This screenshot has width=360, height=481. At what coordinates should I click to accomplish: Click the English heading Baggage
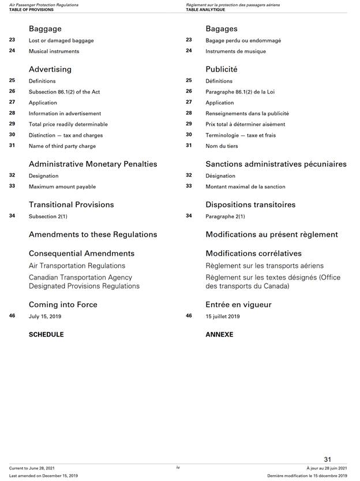pos(45,28)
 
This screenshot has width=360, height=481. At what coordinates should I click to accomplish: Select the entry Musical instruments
pos(54,51)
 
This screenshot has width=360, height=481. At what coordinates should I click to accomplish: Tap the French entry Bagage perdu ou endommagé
pos(243,40)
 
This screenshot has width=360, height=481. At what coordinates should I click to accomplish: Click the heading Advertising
pos(50,69)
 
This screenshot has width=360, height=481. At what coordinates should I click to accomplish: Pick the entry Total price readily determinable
pos(68,124)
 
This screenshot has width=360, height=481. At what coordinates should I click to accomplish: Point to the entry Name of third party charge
pos(62,146)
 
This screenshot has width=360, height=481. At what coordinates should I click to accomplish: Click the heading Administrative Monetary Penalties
pos(93,164)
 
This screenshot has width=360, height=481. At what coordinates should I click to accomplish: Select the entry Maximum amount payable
pos(62,187)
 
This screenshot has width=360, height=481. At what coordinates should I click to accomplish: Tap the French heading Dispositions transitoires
pos(250,204)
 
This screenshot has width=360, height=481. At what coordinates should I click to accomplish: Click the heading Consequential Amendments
pos(81,253)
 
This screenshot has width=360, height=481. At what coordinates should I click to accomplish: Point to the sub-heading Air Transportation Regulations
pos(77,266)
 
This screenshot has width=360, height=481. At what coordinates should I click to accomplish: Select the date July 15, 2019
pos(45,316)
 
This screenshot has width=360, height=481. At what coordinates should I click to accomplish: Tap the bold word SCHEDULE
pos(46,334)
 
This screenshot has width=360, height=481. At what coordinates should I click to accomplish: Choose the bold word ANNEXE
pos(219,334)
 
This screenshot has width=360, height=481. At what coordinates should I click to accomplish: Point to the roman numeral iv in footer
pos(179,467)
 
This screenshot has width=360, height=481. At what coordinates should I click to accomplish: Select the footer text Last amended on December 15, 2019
pos(43,475)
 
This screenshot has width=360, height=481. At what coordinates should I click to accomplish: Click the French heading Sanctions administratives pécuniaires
pos(276,164)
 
